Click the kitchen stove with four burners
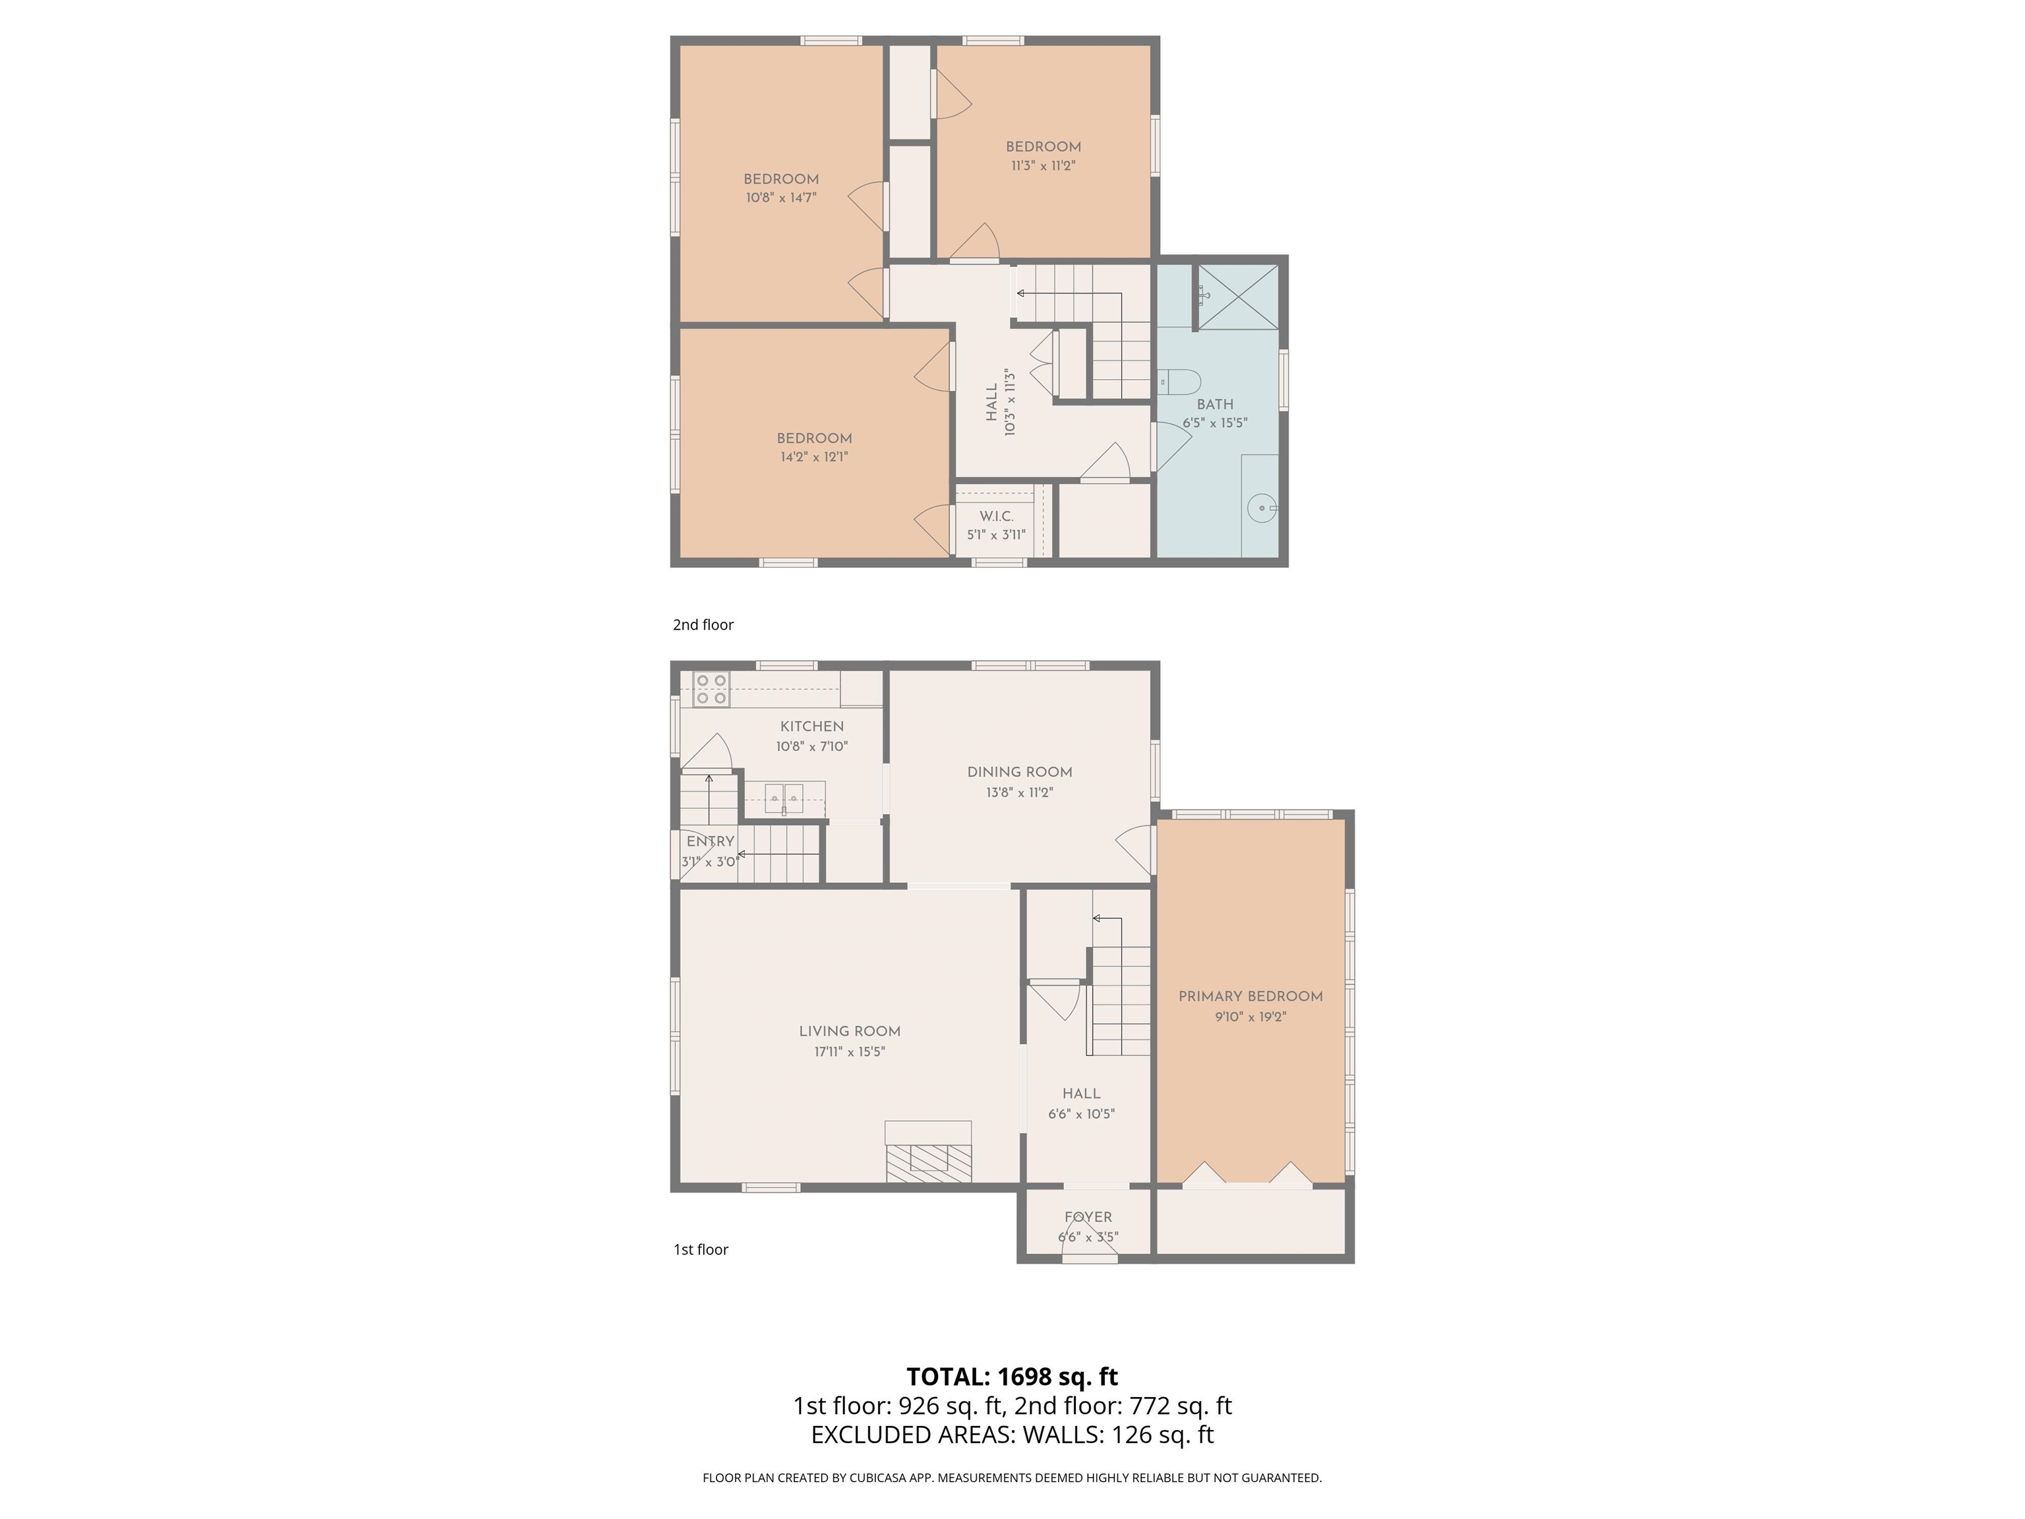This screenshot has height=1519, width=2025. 711,690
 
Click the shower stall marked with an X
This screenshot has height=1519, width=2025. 1238,296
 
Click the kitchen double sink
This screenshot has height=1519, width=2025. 784,798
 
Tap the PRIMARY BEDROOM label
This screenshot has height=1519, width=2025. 1250,996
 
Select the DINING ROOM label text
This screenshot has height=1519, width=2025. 1020,772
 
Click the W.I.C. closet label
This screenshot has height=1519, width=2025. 996,516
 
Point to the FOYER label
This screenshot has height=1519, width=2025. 1088,1217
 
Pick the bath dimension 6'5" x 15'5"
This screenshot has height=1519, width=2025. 1215,423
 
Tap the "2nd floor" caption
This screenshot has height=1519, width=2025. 703,624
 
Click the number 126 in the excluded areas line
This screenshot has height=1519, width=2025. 1132,1435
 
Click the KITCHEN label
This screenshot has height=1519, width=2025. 812,726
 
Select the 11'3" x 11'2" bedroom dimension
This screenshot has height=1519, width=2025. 1043,165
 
